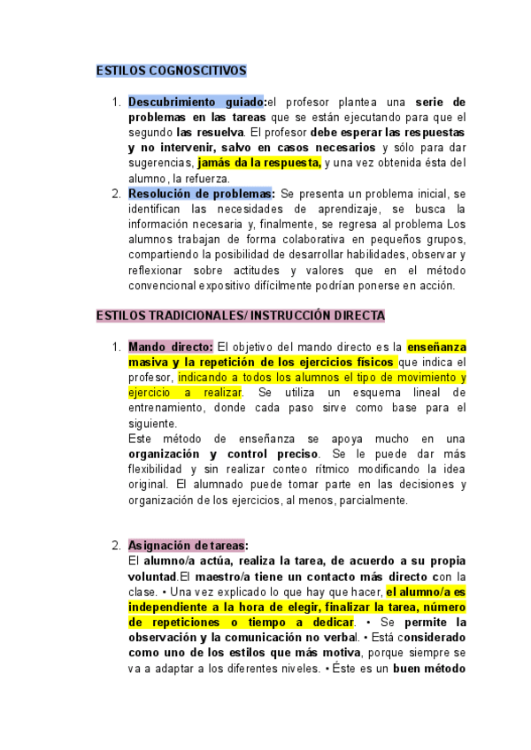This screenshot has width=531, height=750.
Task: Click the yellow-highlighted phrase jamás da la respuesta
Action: tap(258, 163)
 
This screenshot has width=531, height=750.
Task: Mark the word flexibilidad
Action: tap(158, 470)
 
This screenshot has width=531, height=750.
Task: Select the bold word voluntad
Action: tap(152, 577)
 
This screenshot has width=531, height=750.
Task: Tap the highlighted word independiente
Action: tap(170, 608)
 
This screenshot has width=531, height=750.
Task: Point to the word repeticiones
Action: tap(185, 623)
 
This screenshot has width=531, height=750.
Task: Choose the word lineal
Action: tap(414, 393)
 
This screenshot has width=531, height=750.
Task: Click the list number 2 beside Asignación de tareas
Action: tap(116, 546)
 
